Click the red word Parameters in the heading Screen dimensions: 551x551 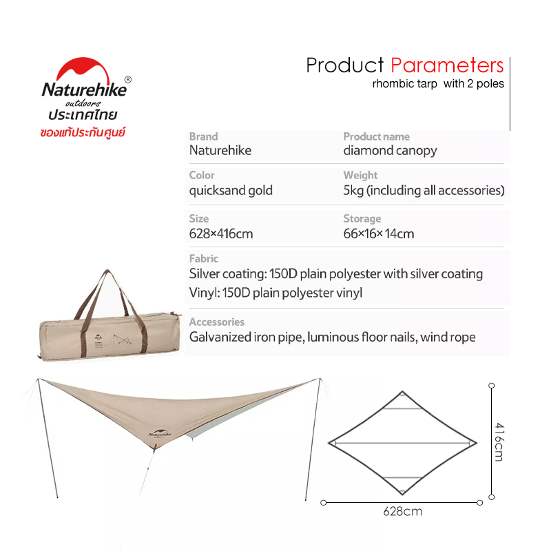(447, 65)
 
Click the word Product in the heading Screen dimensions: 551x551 (345, 65)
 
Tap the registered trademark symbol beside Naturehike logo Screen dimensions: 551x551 (128, 80)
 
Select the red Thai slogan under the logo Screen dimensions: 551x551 (83, 132)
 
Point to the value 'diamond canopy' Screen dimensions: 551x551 (390, 150)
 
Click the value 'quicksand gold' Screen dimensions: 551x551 (231, 191)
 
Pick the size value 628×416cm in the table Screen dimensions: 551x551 (221, 233)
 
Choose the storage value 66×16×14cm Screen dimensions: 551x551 (379, 233)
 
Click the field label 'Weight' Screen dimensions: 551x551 (360, 175)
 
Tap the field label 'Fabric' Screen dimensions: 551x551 (203, 259)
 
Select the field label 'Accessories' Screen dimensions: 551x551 (217, 322)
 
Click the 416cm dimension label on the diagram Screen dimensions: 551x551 (499, 442)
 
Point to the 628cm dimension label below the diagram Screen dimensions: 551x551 (403, 511)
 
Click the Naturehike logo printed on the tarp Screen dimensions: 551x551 (160, 434)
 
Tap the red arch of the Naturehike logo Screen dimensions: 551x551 (83, 70)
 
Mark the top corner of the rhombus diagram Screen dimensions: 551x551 (403, 391)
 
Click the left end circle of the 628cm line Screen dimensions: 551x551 (324, 503)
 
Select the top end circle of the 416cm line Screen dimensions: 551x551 (492, 386)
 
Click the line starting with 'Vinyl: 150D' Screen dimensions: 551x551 (275, 293)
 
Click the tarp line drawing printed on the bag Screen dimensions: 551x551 (119, 340)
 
